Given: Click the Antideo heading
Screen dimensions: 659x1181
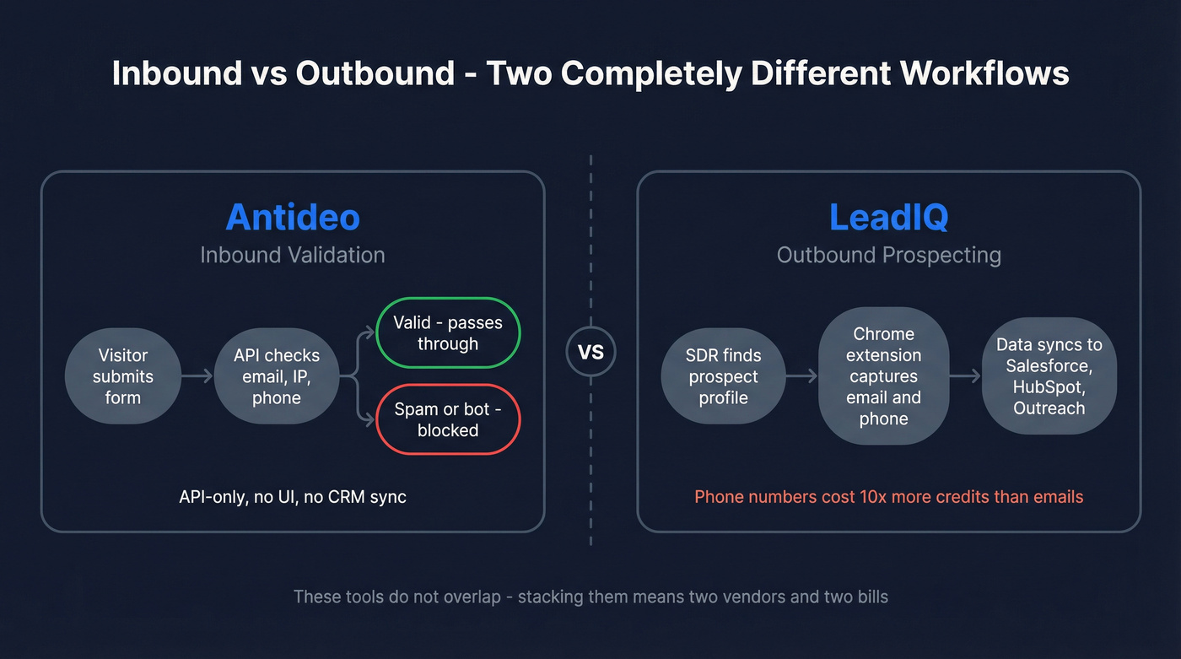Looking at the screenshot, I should click(x=293, y=218).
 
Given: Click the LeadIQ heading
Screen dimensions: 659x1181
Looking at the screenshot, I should click(x=888, y=218).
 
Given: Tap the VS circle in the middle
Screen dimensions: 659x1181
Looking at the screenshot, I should click(x=590, y=351).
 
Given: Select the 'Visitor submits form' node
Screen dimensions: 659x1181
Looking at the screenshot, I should click(x=122, y=376).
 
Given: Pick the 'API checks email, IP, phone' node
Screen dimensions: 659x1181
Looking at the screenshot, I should click(x=277, y=376).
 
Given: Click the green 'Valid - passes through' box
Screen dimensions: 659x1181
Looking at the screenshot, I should click(x=448, y=333).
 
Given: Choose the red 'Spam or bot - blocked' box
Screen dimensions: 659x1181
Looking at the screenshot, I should click(x=448, y=419).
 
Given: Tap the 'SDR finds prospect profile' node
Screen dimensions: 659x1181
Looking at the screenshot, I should click(x=723, y=376).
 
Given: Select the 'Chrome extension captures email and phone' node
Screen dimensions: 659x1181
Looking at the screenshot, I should click(x=883, y=376).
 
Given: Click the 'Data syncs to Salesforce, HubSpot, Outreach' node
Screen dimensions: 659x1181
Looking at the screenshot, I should click(x=1049, y=376).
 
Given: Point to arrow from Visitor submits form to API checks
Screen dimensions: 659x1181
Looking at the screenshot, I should click(x=197, y=376).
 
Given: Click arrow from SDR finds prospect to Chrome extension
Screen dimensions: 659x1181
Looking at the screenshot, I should click(x=801, y=376).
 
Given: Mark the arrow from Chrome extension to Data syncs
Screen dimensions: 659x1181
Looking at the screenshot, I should click(x=965, y=376).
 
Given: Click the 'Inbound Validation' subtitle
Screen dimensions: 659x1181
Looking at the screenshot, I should click(x=293, y=255).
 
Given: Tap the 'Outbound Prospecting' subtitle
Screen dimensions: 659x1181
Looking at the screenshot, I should click(x=888, y=255).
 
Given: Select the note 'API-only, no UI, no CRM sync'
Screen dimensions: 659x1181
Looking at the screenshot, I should click(x=293, y=497).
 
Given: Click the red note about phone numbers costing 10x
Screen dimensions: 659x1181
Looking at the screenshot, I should click(x=888, y=497).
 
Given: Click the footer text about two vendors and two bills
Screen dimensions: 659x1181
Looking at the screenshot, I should click(x=590, y=597).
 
